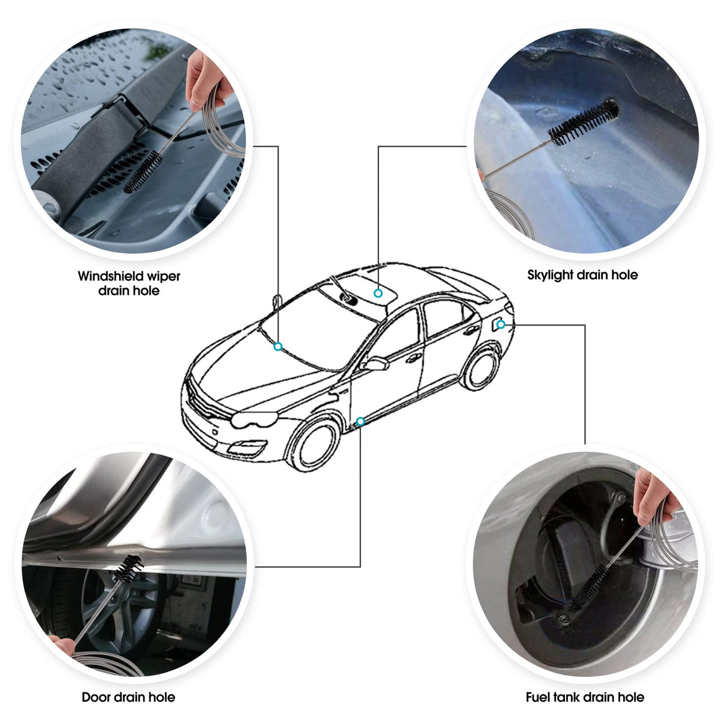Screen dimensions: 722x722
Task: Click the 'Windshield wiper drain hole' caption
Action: point(129,283)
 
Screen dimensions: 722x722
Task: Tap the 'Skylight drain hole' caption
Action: point(582,275)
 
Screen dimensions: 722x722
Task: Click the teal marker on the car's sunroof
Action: point(378,293)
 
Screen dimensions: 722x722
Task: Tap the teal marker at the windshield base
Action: point(277,347)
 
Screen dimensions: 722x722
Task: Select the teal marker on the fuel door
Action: point(501,324)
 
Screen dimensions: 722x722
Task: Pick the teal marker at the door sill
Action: point(360,422)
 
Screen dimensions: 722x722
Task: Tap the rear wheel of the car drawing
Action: point(481,369)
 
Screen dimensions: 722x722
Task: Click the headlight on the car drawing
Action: point(254,419)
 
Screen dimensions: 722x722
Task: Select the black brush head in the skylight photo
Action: point(584,122)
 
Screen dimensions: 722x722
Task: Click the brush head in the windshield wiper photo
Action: point(143,171)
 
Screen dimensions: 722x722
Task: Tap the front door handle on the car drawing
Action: point(413,359)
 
